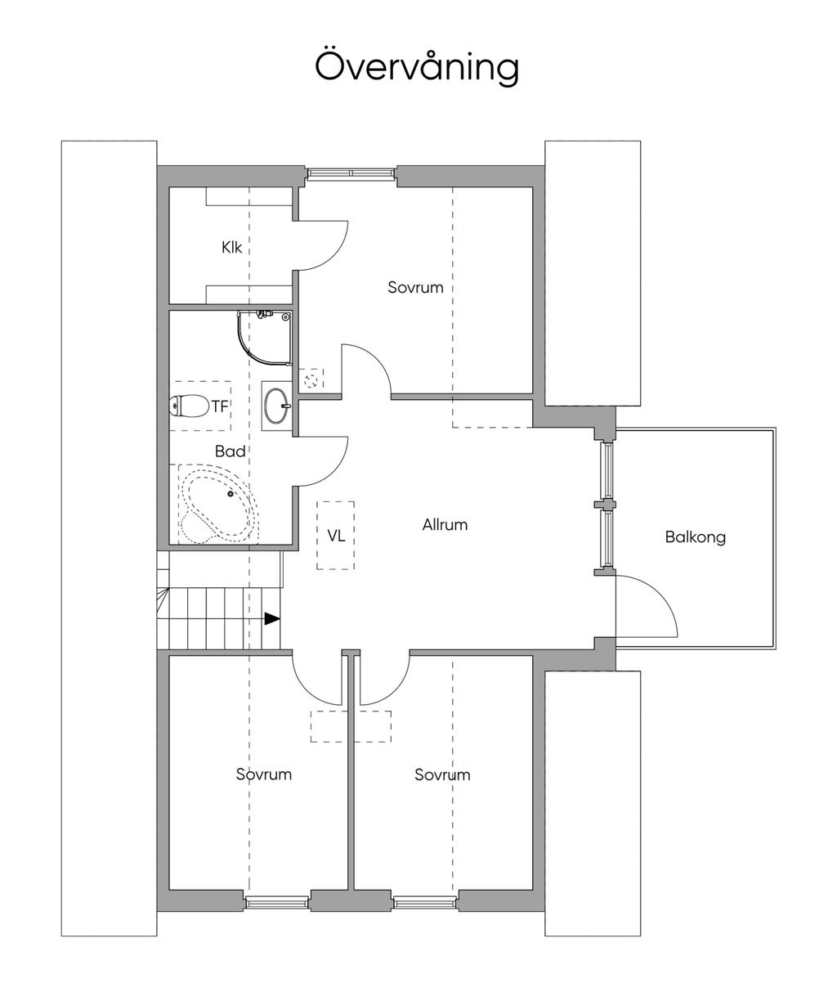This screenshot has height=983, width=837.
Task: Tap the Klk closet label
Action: (x=232, y=247)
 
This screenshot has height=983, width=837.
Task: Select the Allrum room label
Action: (x=445, y=525)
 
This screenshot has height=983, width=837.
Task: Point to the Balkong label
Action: (x=696, y=537)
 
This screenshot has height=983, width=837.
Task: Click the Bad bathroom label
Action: (x=230, y=451)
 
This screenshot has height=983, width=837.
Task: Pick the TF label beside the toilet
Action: (x=220, y=406)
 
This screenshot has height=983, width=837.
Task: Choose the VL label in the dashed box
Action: (x=336, y=536)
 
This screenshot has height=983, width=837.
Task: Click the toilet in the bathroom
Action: (x=189, y=406)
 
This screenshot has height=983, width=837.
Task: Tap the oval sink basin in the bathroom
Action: (x=276, y=406)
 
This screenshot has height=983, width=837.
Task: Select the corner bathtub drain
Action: (x=231, y=494)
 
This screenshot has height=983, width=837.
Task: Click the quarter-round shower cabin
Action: (x=265, y=338)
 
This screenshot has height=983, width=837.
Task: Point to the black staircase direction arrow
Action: (x=272, y=619)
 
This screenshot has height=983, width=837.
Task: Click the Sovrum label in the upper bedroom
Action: (x=415, y=287)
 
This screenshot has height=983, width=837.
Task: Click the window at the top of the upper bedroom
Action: (x=351, y=174)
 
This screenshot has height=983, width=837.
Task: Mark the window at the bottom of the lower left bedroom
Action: (x=276, y=902)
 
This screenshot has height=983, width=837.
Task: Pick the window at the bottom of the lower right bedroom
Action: (x=425, y=902)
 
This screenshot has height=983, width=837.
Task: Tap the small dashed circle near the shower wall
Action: (x=311, y=380)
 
